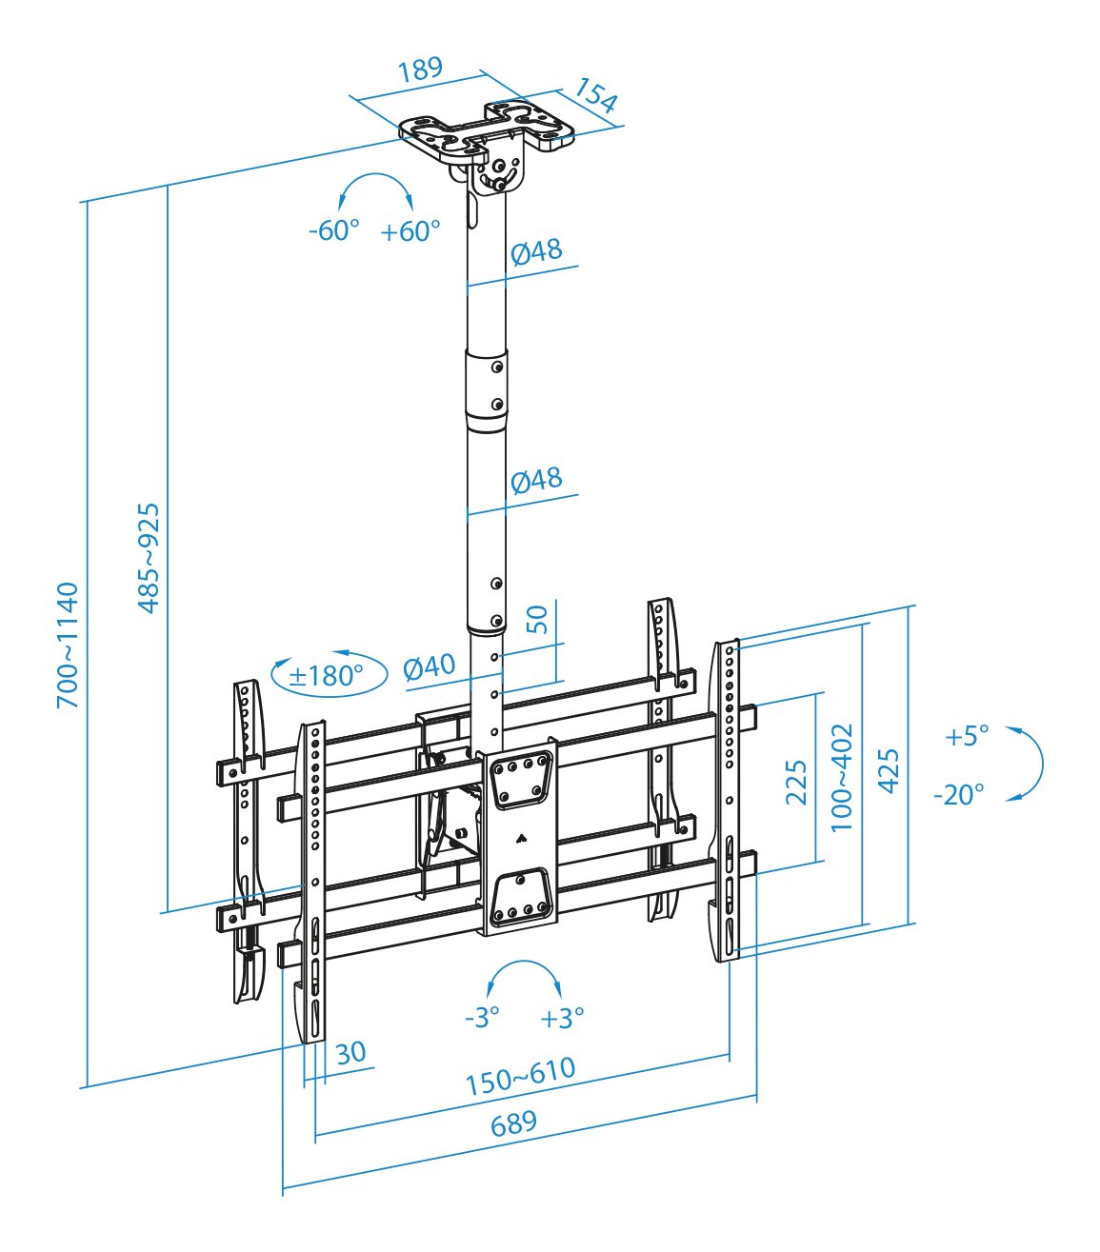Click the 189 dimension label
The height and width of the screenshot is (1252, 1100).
pyautogui.click(x=420, y=69)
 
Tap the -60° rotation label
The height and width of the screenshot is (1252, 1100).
pyautogui.click(x=334, y=230)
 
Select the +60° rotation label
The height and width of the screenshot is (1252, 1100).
pyautogui.click(x=410, y=230)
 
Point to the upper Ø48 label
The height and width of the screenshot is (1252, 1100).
pyautogui.click(x=536, y=251)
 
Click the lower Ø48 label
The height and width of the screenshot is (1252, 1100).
pyautogui.click(x=536, y=479)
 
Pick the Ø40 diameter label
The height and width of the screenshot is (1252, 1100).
pyautogui.click(x=430, y=666)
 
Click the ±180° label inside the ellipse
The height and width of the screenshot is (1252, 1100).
pyautogui.click(x=327, y=676)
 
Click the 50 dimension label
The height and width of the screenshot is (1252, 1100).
pyautogui.click(x=538, y=619)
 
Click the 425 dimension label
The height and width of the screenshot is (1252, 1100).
pyautogui.click(x=888, y=769)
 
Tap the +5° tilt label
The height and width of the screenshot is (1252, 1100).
pyautogui.click(x=967, y=736)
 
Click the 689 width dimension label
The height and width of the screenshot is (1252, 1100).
pyautogui.click(x=514, y=1123)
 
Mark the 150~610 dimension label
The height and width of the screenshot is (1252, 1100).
pyautogui.click(x=521, y=1076)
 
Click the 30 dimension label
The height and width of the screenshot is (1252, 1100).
pyautogui.click(x=350, y=1052)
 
